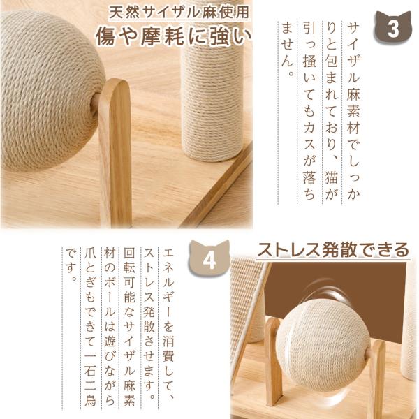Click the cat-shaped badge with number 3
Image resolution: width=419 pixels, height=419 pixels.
(392, 27)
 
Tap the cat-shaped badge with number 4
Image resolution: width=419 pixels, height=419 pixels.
(209, 259)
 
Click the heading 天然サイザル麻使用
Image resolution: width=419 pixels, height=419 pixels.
(179, 13)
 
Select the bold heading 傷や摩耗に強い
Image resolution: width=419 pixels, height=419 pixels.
(174, 36)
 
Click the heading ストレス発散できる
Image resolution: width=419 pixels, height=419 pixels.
(333, 250)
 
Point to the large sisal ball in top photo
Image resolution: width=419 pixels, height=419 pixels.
(51, 91)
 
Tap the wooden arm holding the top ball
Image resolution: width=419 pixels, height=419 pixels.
(115, 152)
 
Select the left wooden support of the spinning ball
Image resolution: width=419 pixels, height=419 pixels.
(273, 358)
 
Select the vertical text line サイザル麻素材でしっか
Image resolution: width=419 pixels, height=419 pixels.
(353, 111)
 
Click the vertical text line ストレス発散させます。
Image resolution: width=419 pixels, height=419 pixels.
(149, 324)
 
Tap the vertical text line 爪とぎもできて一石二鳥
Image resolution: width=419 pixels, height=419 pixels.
(90, 328)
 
